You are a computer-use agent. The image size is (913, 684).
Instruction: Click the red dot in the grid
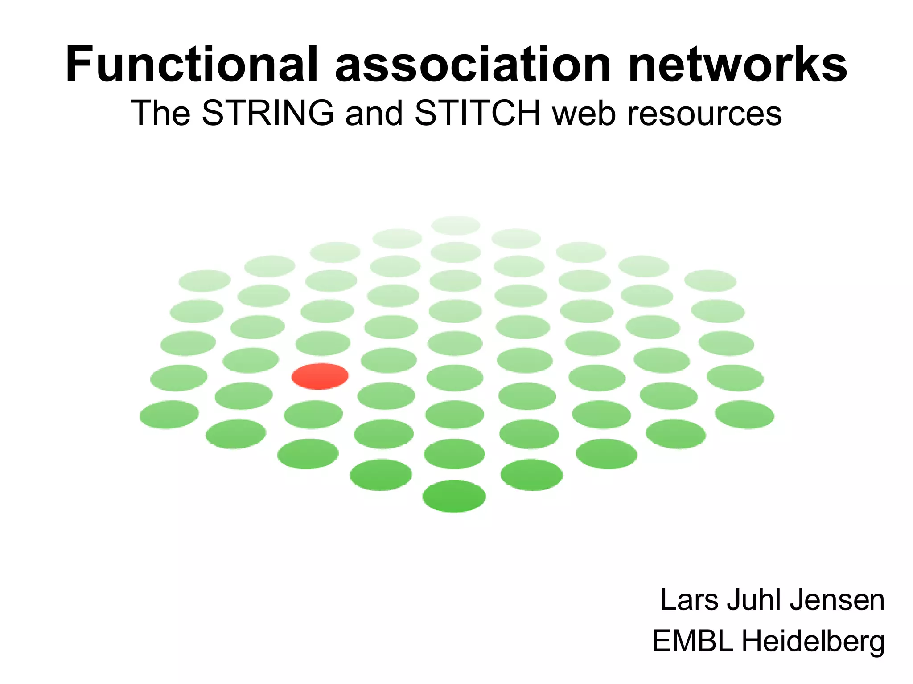(320, 376)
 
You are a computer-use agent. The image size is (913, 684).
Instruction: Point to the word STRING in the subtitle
(268, 113)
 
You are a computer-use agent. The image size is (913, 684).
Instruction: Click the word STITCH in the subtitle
(478, 113)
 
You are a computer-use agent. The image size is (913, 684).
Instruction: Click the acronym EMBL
(693, 641)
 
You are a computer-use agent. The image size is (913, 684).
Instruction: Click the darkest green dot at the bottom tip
(454, 496)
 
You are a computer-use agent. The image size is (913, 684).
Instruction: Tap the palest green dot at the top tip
(456, 225)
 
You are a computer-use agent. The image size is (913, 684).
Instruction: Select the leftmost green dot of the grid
(169, 415)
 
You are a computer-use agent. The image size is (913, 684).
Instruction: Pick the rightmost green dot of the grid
(744, 415)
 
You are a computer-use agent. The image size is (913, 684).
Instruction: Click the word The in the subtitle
(160, 113)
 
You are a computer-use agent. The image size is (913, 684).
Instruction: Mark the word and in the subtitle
(374, 113)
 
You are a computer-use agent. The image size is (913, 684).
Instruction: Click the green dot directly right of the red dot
(389, 360)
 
